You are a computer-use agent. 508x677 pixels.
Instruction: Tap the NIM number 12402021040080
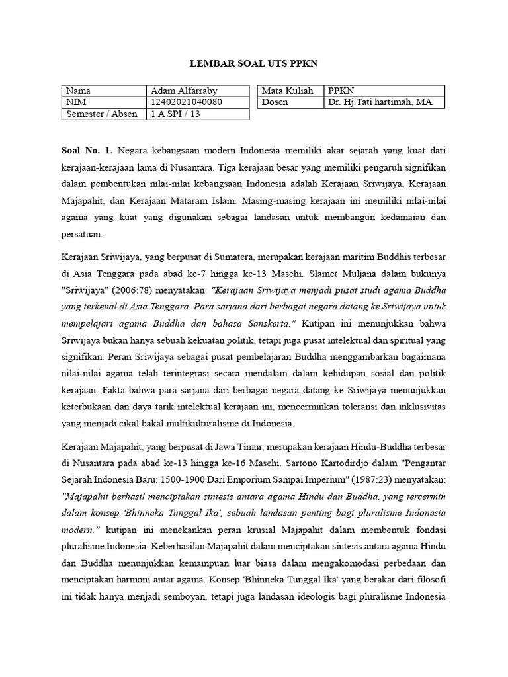click(187, 102)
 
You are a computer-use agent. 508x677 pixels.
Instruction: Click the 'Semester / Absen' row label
click(102, 114)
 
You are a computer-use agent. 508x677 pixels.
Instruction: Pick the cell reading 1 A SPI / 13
click(175, 114)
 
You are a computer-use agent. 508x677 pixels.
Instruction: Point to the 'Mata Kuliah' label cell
click(288, 91)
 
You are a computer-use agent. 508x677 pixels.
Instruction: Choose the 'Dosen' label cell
click(276, 102)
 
